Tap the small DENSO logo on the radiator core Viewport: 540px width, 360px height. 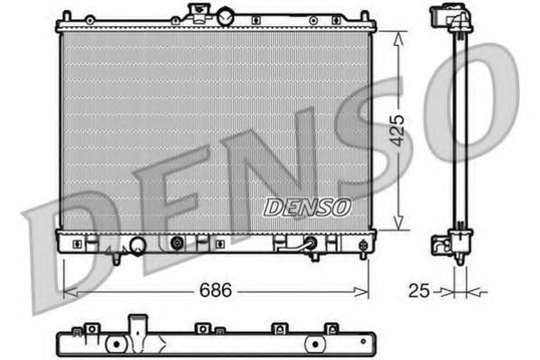pos(308,207)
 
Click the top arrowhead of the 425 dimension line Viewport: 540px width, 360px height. pos(398,33)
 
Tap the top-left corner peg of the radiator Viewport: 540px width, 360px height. pos(66,16)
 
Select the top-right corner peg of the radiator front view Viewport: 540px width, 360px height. pos(364,16)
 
